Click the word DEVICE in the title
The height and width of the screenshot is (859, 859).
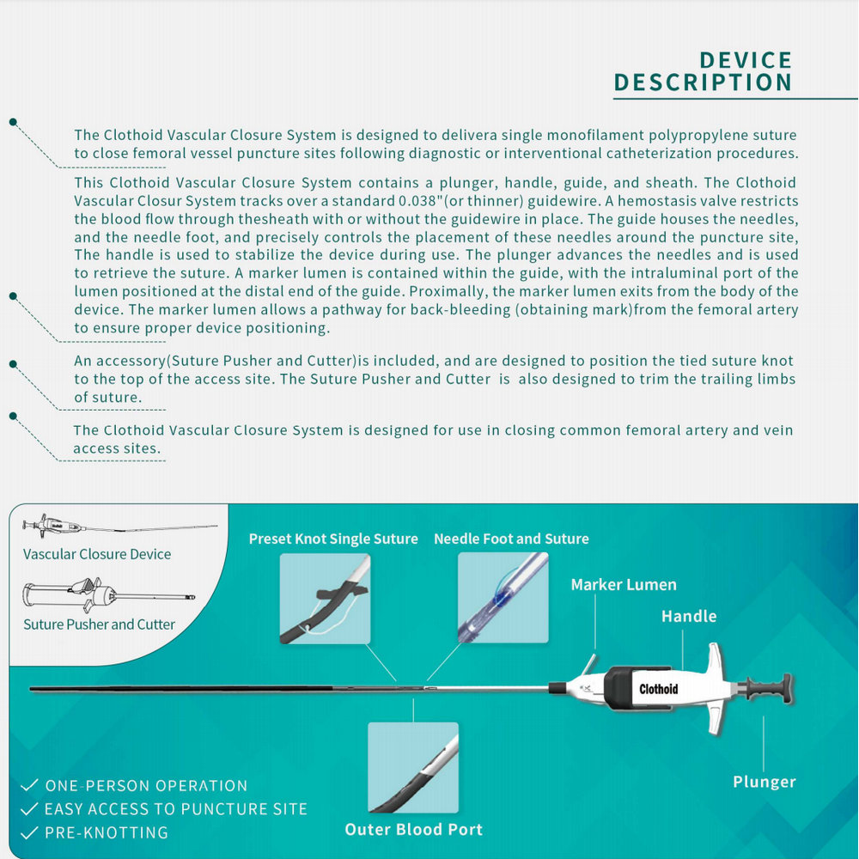(746, 60)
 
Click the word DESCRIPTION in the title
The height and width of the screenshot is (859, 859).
(703, 82)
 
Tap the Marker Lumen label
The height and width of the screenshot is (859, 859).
(624, 584)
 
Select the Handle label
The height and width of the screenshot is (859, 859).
(689, 616)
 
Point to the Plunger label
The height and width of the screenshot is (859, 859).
(765, 782)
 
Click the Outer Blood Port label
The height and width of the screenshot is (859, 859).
(414, 830)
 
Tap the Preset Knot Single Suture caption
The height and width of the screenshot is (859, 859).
(333, 539)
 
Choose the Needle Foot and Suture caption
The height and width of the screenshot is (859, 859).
(511, 539)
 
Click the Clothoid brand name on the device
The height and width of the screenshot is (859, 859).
(659, 689)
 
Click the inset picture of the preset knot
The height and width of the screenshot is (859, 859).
(325, 598)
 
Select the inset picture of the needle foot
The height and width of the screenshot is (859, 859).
(503, 598)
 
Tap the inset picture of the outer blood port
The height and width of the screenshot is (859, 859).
(413, 767)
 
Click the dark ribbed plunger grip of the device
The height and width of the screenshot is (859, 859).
(768, 689)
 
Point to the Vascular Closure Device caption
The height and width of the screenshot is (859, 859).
(97, 554)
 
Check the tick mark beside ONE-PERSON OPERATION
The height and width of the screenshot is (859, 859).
(29, 785)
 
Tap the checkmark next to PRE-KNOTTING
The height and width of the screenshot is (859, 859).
(29, 832)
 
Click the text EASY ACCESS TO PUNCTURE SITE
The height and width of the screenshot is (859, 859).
(176, 809)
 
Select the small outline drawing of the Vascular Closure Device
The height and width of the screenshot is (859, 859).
(119, 527)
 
